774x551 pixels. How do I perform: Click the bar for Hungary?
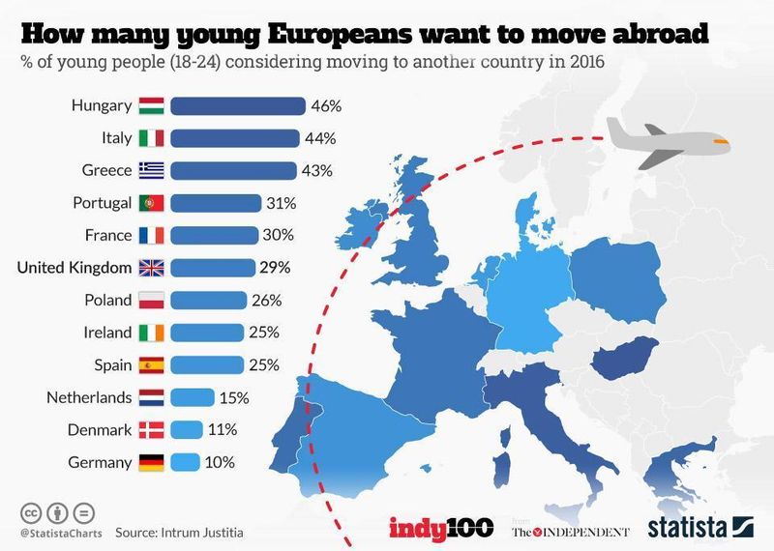[x=237, y=104]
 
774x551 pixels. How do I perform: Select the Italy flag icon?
[x=152, y=137]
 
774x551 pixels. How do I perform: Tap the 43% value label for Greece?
[x=316, y=170]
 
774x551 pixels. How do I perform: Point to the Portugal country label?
[x=102, y=203]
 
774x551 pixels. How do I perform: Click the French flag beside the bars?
[x=152, y=235]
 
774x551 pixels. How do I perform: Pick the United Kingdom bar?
[x=212, y=268]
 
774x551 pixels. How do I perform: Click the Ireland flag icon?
[x=152, y=333]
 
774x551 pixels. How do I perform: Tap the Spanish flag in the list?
[x=152, y=364]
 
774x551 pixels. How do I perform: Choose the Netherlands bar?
[x=192, y=397]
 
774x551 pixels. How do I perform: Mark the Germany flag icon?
[x=152, y=462]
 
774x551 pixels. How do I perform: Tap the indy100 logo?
[x=441, y=527]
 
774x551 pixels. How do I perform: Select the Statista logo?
[x=700, y=527]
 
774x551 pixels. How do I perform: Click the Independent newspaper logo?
[x=571, y=531]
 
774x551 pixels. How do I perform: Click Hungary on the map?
[x=624, y=362]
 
